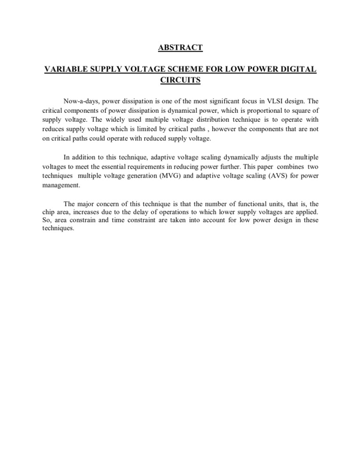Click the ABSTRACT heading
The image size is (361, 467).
[180, 47]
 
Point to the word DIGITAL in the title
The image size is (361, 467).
[298, 70]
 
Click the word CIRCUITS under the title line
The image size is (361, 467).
[180, 80]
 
